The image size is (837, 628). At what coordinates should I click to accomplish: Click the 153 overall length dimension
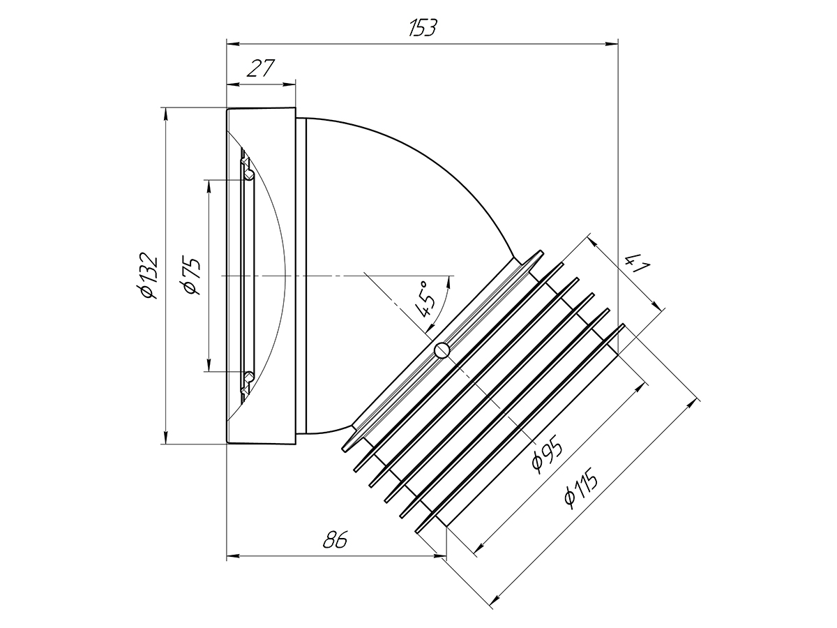coord(422,28)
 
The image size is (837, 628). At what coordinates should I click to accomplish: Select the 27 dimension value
coord(261,68)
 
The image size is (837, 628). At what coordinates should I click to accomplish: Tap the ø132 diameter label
coord(148,275)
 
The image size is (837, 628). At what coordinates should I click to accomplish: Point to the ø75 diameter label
coord(190,276)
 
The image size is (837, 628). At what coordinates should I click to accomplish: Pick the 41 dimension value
coord(636,264)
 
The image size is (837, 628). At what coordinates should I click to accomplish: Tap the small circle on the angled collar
coord(442,350)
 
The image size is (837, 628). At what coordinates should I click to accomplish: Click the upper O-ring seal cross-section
coord(249,175)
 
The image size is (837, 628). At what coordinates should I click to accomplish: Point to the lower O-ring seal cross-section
coord(249,375)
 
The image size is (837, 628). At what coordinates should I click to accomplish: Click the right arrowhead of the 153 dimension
coord(612,44)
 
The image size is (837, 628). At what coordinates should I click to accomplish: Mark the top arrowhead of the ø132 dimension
coord(165,114)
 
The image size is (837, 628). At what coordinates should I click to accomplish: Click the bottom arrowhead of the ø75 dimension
coord(209,364)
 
